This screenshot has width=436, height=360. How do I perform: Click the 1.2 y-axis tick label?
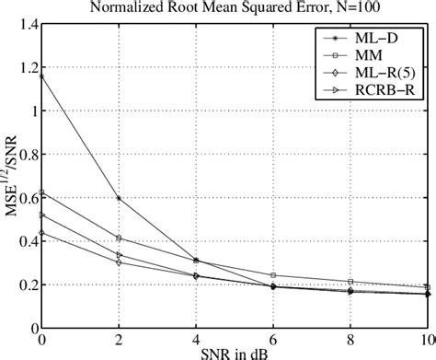(19, 67)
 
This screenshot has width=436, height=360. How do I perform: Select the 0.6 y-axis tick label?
(19, 197)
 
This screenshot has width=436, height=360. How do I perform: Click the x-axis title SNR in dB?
(235, 353)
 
